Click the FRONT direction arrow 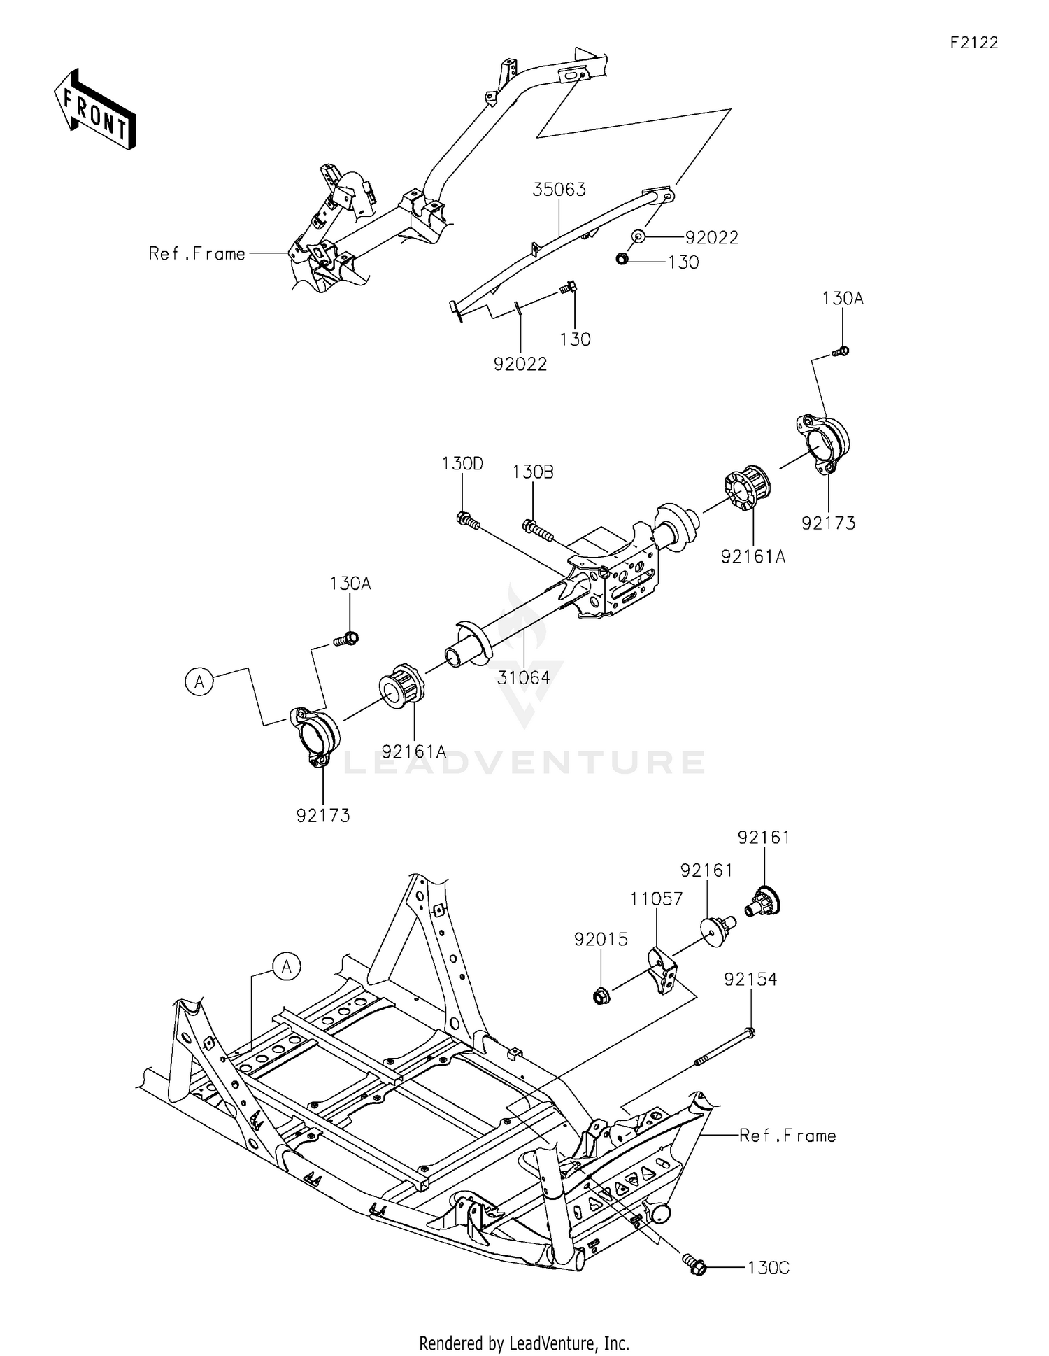click(x=94, y=109)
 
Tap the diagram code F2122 click(x=973, y=43)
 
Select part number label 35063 click(x=559, y=190)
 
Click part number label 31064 click(x=524, y=677)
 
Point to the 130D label click(x=462, y=464)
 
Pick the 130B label click(x=533, y=472)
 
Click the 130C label click(x=768, y=1268)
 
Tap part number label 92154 click(x=750, y=980)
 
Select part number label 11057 click(x=657, y=898)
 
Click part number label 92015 click(x=601, y=940)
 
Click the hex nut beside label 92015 click(x=601, y=994)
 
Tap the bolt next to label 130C click(x=694, y=1265)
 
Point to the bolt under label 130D click(x=468, y=521)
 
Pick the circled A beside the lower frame click(x=286, y=967)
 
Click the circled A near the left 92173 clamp click(x=199, y=681)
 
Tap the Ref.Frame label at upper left click(x=197, y=254)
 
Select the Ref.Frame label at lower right click(x=787, y=1136)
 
